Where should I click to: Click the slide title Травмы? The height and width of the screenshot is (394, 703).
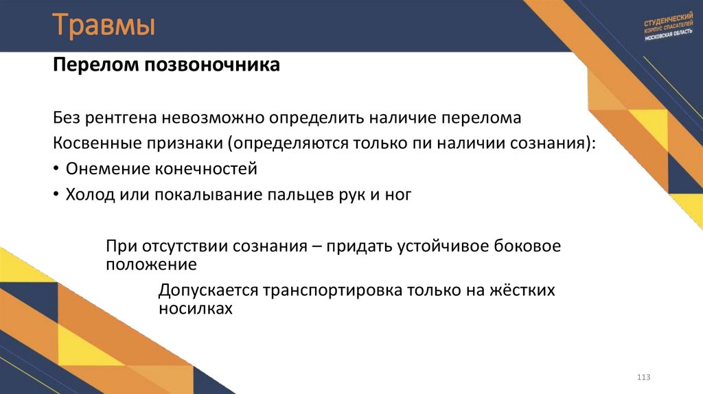point(104,27)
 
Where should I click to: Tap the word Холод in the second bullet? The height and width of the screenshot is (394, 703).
point(87,195)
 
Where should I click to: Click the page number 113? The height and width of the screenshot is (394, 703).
point(643,378)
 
